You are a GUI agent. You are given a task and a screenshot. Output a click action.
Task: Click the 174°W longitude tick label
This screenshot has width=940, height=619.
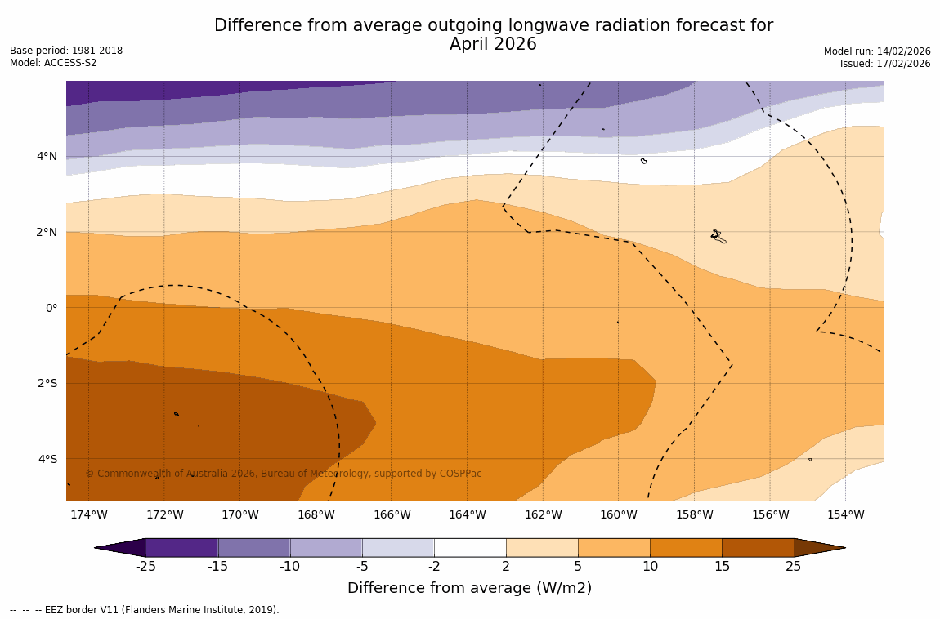point(88,514)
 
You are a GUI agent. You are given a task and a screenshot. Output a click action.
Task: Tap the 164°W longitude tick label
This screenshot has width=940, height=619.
point(467,514)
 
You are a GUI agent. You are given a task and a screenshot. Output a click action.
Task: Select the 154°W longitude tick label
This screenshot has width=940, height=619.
point(845,514)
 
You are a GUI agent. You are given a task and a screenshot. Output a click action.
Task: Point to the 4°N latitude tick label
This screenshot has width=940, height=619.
point(47,156)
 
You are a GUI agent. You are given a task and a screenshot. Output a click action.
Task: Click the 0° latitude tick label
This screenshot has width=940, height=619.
point(51,308)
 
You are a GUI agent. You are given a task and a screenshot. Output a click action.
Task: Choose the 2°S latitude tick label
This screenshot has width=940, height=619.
point(47,383)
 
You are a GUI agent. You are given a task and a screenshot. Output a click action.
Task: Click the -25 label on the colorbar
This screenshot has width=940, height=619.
point(145,567)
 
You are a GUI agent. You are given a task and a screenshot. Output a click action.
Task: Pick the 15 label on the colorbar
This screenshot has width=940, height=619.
point(722,567)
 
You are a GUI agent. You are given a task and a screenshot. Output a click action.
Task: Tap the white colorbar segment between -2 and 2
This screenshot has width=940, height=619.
point(470,547)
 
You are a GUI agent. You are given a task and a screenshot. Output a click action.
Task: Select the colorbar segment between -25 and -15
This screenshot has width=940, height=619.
point(181,547)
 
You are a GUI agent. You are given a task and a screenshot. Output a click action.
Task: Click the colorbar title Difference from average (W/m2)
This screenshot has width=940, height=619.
point(469,588)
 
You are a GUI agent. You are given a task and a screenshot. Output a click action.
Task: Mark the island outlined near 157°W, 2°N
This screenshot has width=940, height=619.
point(718,236)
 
